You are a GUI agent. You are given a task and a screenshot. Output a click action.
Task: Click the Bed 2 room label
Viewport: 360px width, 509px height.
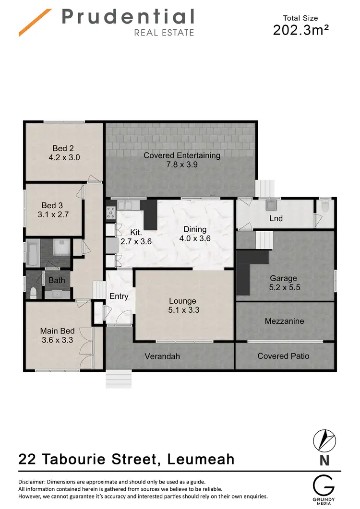click(x=63, y=148)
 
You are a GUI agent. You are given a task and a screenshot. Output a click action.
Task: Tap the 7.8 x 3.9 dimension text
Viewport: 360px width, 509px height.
click(x=181, y=164)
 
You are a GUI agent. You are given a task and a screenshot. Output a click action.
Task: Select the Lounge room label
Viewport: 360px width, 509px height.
click(x=182, y=301)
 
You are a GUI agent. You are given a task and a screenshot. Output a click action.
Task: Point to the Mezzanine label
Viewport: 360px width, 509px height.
click(x=284, y=321)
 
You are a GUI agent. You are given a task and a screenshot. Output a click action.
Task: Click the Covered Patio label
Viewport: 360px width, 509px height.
click(x=283, y=356)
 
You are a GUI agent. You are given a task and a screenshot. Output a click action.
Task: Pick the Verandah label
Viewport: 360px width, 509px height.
click(x=162, y=356)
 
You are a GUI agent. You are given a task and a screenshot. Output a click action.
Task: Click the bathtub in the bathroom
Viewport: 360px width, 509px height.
click(x=33, y=253)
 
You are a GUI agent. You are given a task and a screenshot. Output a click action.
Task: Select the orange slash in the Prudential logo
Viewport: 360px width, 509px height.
click(x=35, y=22)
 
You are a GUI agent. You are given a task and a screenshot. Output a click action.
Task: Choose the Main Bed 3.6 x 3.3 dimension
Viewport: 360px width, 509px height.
click(x=57, y=341)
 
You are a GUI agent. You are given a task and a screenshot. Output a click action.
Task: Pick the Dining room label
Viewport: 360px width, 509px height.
click(x=194, y=229)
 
